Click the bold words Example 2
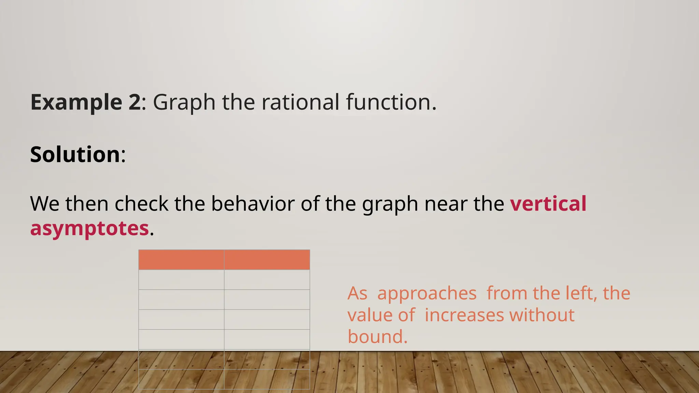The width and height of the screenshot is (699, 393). click(85, 102)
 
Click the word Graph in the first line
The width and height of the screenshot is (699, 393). click(184, 103)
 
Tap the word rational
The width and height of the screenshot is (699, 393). click(300, 102)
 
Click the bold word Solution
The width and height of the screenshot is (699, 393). click(75, 155)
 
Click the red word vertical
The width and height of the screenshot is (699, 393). click(548, 204)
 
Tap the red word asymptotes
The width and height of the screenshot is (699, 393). click(89, 229)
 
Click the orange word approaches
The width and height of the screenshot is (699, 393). click(427, 294)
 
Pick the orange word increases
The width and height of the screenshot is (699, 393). click(464, 315)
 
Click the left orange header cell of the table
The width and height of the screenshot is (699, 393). click(181, 260)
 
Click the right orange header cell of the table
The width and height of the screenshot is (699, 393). click(267, 260)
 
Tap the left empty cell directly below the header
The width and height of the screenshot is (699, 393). click(181, 280)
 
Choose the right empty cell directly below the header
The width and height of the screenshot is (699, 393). click(267, 280)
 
